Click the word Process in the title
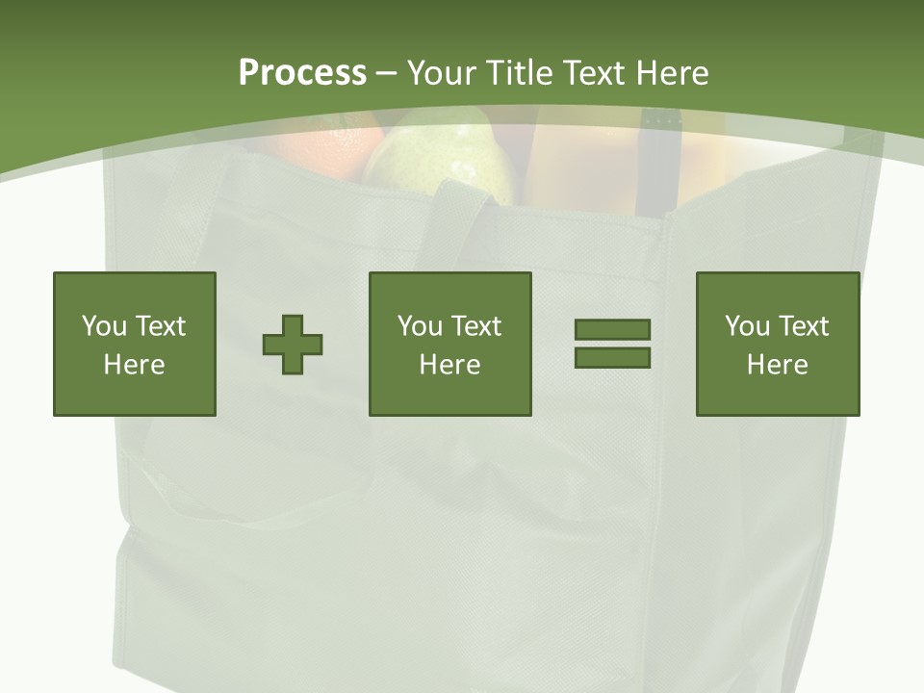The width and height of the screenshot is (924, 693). coord(302,72)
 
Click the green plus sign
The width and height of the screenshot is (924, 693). coord(293,344)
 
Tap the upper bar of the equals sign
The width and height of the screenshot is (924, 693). coord(612,329)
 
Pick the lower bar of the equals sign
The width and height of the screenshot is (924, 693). coord(612,358)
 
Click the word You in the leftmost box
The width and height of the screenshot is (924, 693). coord(104,326)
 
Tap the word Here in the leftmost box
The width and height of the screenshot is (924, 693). coord(135,365)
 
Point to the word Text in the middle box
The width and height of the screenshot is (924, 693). coord(476,326)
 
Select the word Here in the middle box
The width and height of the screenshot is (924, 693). coord(450,365)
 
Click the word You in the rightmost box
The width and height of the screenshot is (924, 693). coord(747,326)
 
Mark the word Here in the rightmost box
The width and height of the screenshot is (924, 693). coord(778,365)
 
